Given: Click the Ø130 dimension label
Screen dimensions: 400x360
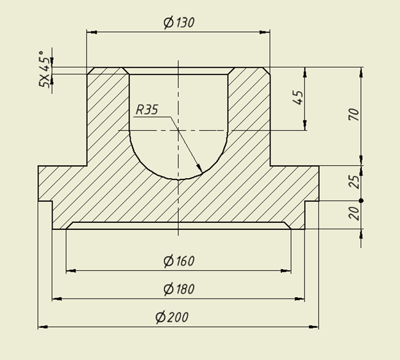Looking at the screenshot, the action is [x=179, y=22].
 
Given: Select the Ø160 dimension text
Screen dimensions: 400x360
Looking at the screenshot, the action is [x=179, y=261].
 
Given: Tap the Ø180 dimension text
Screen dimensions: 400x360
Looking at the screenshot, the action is [x=179, y=289].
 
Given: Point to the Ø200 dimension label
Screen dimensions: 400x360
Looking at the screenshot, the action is [x=172, y=317].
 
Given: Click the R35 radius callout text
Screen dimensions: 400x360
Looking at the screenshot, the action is [x=147, y=110].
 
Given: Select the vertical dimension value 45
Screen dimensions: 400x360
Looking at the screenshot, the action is [x=298, y=97].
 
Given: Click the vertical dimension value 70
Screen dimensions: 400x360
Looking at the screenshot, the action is [x=354, y=114].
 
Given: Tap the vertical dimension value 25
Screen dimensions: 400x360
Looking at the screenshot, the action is [x=354, y=182].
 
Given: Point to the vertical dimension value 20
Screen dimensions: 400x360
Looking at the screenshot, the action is [x=354, y=213].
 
